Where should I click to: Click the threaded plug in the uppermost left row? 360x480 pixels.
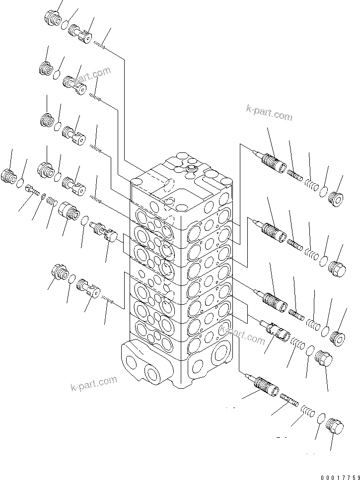click(53, 18)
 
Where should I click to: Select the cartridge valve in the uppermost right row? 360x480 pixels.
click(271, 160)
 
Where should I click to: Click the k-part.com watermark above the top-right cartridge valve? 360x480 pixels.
click(269, 114)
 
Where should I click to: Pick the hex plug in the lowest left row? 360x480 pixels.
click(60, 273)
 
